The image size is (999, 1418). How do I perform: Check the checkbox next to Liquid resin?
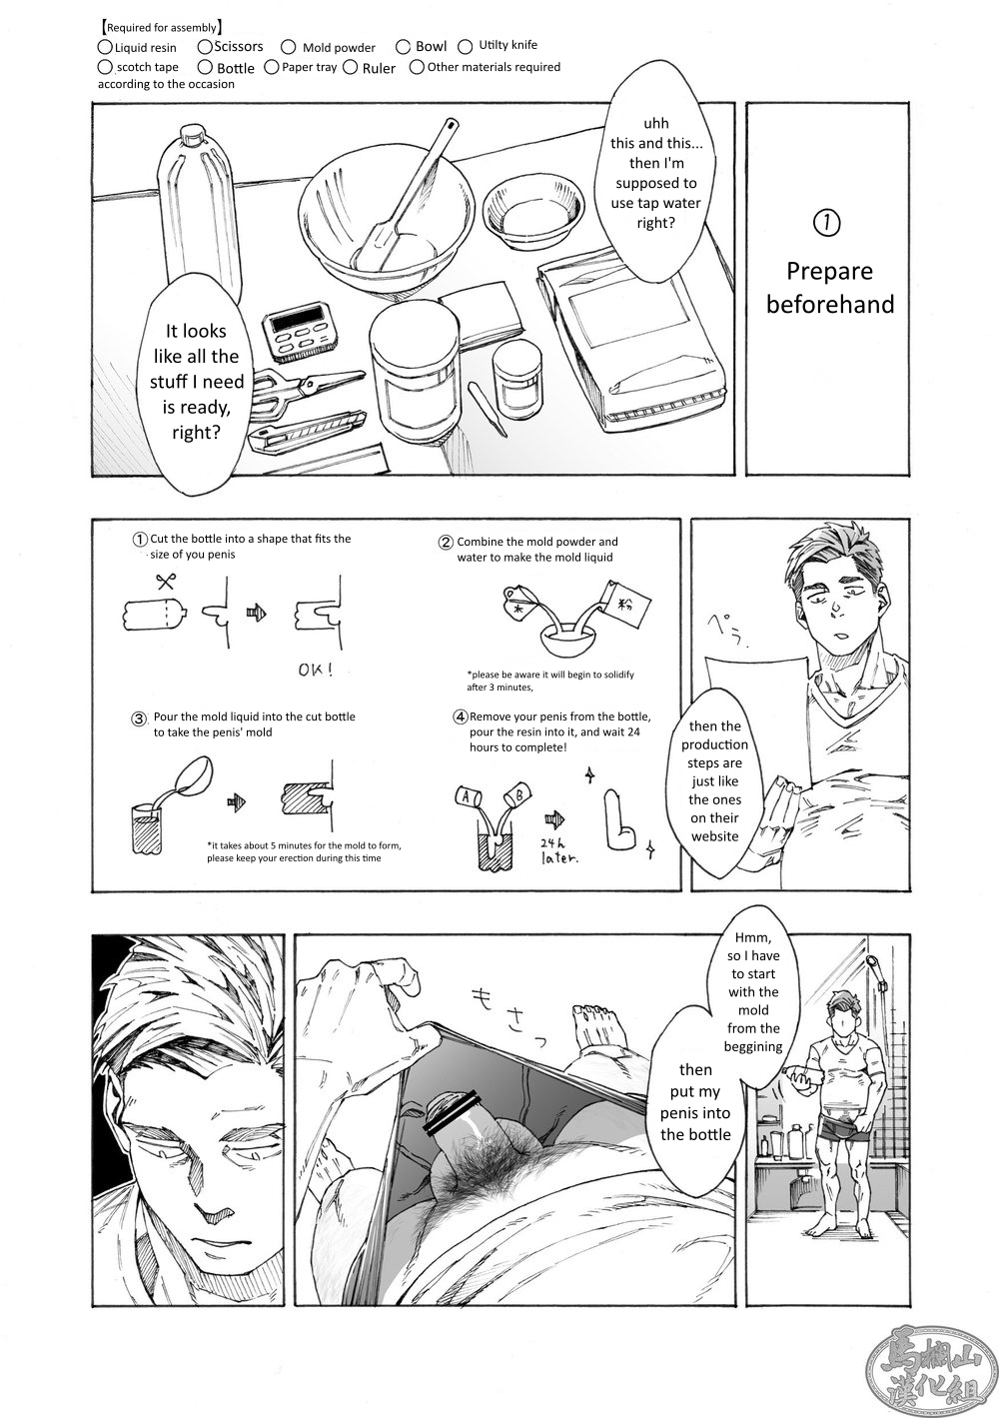105,47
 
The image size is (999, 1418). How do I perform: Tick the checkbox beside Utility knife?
466,46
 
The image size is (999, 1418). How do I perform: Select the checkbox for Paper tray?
272,68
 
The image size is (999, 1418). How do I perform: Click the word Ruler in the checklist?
379,69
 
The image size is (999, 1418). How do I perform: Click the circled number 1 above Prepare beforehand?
828,224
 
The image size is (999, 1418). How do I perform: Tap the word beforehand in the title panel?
829,304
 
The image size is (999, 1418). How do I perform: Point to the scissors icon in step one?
165,581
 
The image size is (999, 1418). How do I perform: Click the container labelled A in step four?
468,796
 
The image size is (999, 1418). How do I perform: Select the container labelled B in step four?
519,796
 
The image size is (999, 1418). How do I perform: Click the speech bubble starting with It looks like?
195,380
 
